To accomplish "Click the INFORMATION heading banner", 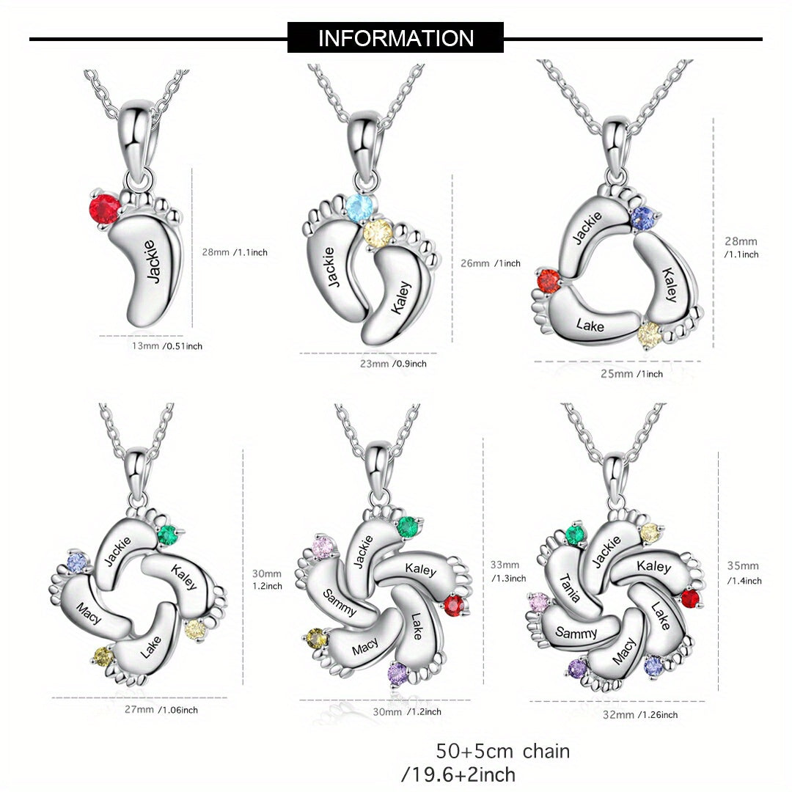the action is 395,38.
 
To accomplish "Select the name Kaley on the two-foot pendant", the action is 402,298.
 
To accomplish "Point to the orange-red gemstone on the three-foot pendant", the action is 549,282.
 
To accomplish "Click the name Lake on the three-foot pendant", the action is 590,326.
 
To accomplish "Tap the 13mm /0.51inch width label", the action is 166,346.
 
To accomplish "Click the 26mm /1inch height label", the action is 490,263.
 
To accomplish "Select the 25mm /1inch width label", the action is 631,374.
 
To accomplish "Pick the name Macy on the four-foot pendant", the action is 89,612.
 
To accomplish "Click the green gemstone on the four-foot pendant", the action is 167,535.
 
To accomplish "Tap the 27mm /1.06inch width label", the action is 161,710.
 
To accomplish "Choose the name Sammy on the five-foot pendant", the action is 339,602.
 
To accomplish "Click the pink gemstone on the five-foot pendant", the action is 323,547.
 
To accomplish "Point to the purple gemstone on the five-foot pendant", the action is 397,674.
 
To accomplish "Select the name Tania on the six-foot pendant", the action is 569,588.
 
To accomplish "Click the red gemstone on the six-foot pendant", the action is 689,599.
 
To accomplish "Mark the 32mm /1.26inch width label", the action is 640,715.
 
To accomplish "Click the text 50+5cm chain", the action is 503,752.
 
